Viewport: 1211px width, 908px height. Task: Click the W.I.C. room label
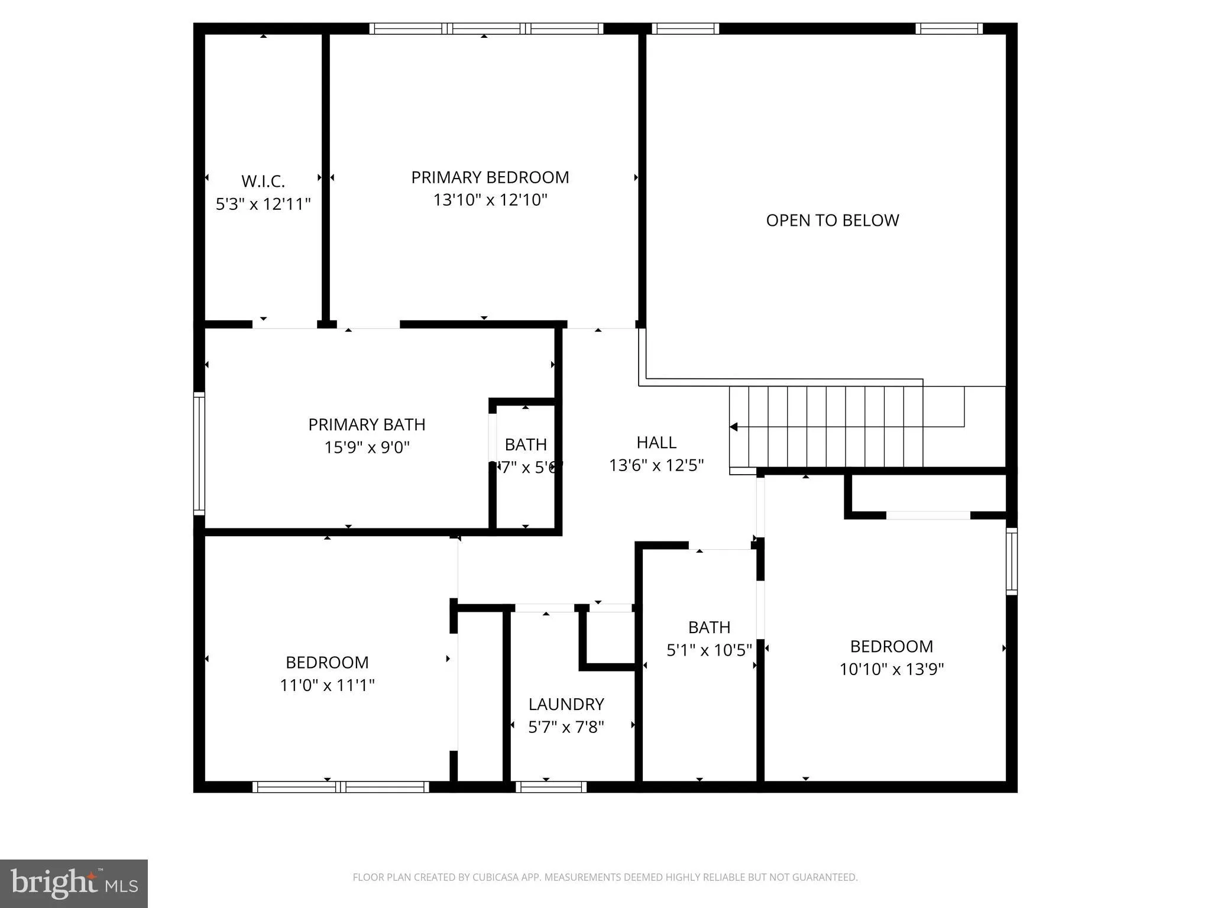tap(263, 181)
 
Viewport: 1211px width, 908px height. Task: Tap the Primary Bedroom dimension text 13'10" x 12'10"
tap(490, 200)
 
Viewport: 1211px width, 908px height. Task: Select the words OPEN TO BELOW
tap(832, 220)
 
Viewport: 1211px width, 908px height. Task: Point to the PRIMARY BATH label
tap(367, 424)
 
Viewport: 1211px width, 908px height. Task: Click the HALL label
tap(656, 442)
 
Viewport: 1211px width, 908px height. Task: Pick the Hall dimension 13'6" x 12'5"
tap(656, 465)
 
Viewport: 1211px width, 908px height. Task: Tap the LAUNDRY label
tap(566, 704)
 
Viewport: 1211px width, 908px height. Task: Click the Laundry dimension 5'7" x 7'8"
tap(566, 727)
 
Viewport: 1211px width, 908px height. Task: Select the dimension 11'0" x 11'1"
tap(327, 685)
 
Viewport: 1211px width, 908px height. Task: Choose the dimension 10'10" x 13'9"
tap(891, 669)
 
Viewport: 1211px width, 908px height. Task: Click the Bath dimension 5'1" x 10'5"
tap(709, 650)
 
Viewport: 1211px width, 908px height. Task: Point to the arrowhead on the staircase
tap(734, 427)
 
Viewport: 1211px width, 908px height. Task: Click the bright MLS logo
tap(74, 883)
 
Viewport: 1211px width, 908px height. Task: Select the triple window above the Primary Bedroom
tap(486, 28)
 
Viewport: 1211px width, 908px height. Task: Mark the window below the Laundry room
tap(551, 787)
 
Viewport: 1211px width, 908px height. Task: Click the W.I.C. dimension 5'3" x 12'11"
tap(263, 204)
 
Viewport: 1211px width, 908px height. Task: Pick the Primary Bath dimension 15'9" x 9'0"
tap(367, 447)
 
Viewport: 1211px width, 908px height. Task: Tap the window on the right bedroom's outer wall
tap(1012, 561)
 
